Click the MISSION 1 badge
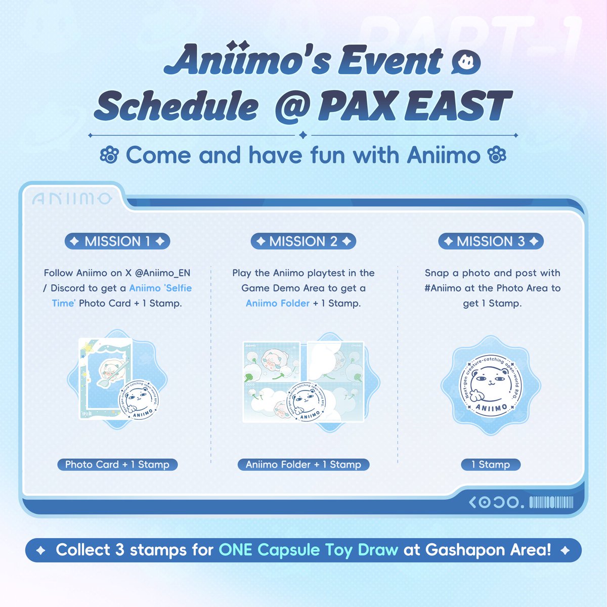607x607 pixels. click(117, 241)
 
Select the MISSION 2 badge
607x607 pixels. click(303, 241)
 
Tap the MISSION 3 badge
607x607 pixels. click(491, 241)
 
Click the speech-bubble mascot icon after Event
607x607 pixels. click(466, 63)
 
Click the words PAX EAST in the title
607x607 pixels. click(415, 106)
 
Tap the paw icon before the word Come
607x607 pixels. click(109, 155)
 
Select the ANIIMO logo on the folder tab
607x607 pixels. click(72, 199)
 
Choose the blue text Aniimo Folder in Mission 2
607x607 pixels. click(277, 303)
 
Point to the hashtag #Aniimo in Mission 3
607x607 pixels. click(443, 288)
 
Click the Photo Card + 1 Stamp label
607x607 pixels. click(117, 464)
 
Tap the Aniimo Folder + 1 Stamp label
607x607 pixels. click(303, 464)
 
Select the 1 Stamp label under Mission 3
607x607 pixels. click(491, 464)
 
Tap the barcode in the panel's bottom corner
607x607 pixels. click(551, 502)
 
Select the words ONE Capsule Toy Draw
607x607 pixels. click(309, 550)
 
